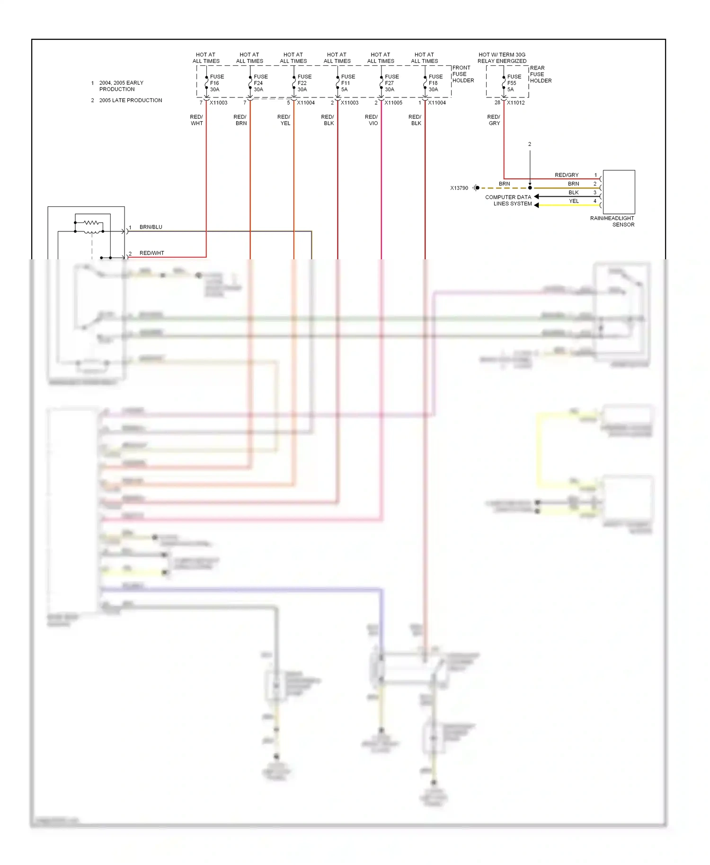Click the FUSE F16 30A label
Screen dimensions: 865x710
tap(217, 83)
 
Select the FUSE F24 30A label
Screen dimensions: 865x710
tap(260, 83)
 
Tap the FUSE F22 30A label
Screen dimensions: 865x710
tap(304, 83)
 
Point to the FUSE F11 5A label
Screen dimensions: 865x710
tap(348, 83)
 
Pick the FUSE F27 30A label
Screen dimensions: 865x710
tap(391, 83)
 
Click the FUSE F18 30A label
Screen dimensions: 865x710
tap(435, 83)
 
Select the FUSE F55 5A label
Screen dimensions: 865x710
tap(514, 83)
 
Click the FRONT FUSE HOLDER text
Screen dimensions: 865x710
tap(463, 74)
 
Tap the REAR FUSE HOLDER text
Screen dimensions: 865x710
tap(541, 74)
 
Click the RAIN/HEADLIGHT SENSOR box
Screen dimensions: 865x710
tap(619, 192)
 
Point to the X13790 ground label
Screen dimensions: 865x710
tap(459, 188)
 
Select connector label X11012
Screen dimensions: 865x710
tap(515, 103)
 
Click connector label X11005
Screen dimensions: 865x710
tap(393, 103)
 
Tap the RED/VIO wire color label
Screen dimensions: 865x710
tap(372, 120)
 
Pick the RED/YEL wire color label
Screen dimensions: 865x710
tap(284, 120)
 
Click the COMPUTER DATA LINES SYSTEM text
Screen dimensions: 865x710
tap(508, 201)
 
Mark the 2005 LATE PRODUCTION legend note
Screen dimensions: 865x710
tap(130, 100)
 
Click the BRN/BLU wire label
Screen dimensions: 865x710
tap(151, 227)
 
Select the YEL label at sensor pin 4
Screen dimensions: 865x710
tap(574, 201)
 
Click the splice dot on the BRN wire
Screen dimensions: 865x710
tap(530, 188)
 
